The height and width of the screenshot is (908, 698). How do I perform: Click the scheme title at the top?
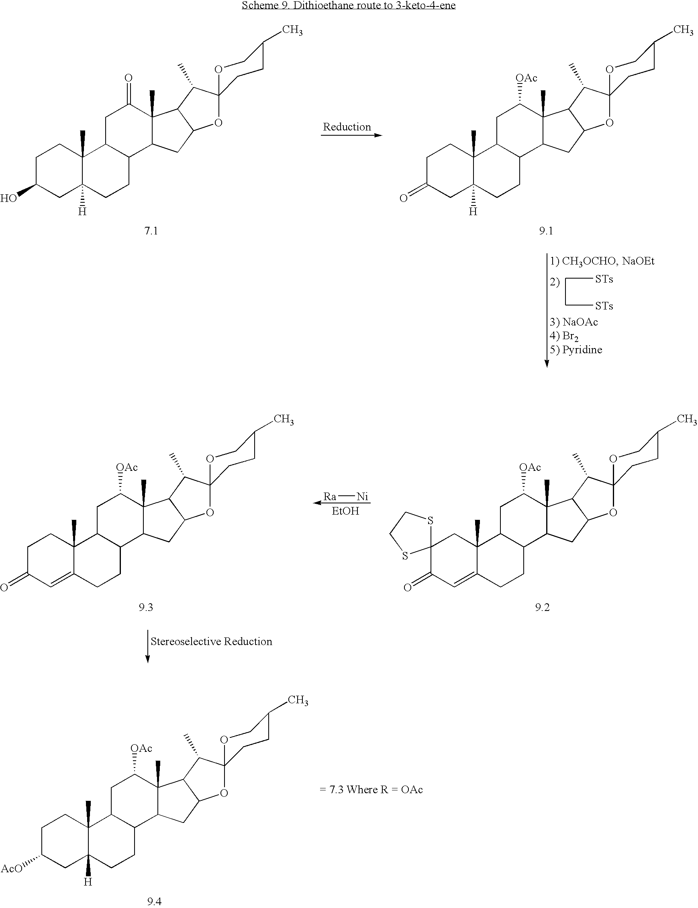click(x=349, y=5)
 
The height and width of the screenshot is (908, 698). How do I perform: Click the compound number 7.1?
click(x=151, y=230)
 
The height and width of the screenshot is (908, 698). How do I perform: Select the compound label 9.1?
click(x=546, y=230)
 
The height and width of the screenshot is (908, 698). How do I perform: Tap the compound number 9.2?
click(x=542, y=607)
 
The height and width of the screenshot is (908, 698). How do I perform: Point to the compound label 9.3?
click(x=146, y=607)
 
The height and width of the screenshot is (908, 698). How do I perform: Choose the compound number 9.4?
click(x=154, y=901)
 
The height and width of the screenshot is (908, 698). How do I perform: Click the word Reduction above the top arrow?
click(x=347, y=127)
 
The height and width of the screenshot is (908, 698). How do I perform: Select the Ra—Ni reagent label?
click(x=346, y=497)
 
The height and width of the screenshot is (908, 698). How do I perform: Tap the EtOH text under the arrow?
click(x=345, y=511)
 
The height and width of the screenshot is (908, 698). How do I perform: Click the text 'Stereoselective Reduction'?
click(x=211, y=641)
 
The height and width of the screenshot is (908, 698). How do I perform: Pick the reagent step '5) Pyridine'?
click(x=576, y=350)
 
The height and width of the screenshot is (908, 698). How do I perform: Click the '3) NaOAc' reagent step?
click(x=574, y=322)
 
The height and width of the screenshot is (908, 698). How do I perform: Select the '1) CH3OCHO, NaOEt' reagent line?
click(x=602, y=261)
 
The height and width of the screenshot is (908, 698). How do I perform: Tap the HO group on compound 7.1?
click(x=8, y=198)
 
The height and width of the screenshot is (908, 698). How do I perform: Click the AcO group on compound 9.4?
click(x=12, y=869)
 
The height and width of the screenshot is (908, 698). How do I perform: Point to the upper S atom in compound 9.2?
click(x=431, y=520)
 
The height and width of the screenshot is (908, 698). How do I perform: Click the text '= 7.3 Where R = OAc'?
click(x=371, y=789)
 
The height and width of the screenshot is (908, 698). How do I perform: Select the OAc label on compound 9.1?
click(x=527, y=78)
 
